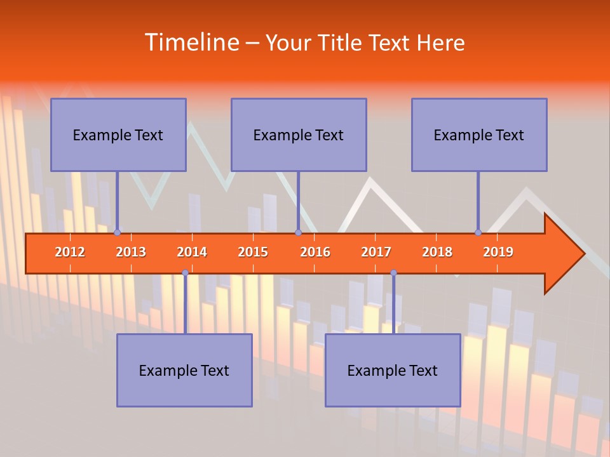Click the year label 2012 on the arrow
tap(70, 252)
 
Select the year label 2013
tap(131, 252)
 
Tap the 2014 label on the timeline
tap(192, 252)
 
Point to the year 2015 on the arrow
tap(253, 252)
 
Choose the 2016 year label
tap(315, 252)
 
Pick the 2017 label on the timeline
tap(376, 252)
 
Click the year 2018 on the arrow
tap(437, 252)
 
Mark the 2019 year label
tap(498, 252)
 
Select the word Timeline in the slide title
tap(191, 43)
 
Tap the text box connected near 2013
tap(118, 135)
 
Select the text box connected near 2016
tap(299, 135)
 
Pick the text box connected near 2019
tap(479, 135)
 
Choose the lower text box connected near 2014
tap(184, 370)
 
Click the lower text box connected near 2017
tap(393, 370)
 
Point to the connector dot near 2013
tap(117, 232)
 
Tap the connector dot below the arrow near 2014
tap(185, 272)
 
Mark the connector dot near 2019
tap(478, 232)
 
